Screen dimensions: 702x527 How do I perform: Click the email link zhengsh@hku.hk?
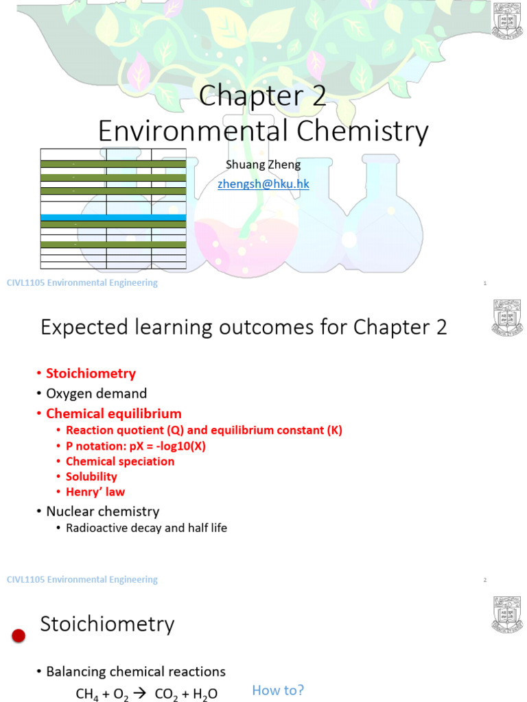pos(263,184)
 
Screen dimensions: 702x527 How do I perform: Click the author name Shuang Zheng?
pos(263,165)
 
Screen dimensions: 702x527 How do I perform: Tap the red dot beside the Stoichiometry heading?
pos(19,636)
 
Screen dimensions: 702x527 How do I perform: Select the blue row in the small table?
pos(113,217)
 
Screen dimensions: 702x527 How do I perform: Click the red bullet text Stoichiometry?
pos(91,374)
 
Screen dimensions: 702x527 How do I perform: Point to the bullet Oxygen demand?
pos(96,394)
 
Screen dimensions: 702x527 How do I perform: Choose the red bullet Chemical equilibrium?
pos(113,413)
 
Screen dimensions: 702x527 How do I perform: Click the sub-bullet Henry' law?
pos(95,492)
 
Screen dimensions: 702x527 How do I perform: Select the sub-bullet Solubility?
pos(91,476)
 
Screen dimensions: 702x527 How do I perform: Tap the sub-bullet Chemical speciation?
pos(119,461)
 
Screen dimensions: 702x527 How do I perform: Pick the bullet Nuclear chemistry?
pos(102,511)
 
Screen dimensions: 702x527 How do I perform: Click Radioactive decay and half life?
pos(146,528)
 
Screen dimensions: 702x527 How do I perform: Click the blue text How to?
pos(278,690)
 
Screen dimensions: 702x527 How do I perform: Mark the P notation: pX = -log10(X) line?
pos(135,446)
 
